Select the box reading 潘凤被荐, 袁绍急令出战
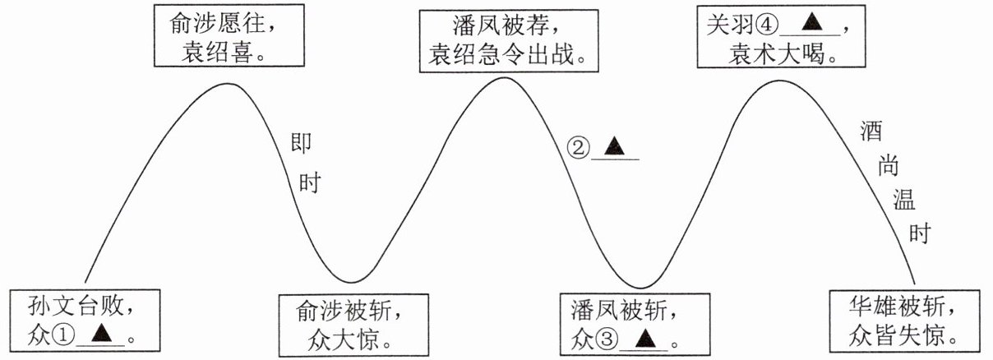(507, 40)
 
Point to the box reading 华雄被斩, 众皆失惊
(902, 320)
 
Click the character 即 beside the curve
(302, 143)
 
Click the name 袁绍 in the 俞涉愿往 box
(194, 54)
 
